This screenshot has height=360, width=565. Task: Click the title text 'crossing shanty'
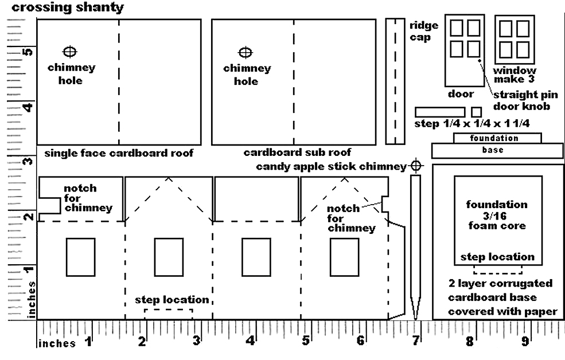(68, 8)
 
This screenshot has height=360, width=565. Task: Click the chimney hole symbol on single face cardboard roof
(70, 52)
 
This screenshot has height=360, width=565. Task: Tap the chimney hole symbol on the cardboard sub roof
(246, 53)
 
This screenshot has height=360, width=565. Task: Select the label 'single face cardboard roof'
(119, 153)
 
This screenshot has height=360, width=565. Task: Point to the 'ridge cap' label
(424, 31)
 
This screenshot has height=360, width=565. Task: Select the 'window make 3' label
(515, 75)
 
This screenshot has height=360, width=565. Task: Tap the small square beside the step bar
(476, 112)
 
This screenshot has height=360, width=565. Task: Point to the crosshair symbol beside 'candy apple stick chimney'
(416, 166)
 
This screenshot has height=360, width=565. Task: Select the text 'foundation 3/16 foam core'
(497, 215)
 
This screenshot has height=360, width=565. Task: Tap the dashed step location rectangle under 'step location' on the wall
(169, 314)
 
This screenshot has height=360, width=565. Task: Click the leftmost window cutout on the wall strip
(80, 257)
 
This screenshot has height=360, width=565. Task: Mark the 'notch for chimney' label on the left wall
(87, 198)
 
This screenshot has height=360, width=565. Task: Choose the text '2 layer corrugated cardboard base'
(500, 290)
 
